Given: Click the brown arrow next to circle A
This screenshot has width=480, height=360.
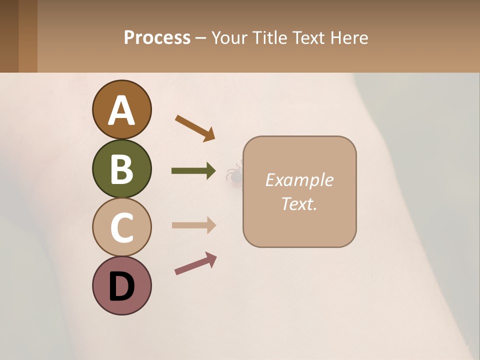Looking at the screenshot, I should click(x=195, y=128).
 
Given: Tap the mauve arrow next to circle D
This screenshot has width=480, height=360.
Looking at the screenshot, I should click(x=195, y=263).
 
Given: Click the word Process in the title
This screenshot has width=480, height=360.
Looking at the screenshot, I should click(x=157, y=38).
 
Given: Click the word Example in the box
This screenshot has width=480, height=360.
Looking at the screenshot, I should click(x=299, y=180).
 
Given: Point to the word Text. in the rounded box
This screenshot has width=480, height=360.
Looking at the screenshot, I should click(x=299, y=203).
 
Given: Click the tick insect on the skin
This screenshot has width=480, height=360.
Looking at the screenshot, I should click(x=233, y=174).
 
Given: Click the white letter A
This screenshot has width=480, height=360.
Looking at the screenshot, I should click(x=121, y=110).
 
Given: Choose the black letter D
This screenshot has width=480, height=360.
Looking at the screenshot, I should click(x=121, y=286).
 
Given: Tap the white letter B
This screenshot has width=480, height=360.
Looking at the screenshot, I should click(x=121, y=169).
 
